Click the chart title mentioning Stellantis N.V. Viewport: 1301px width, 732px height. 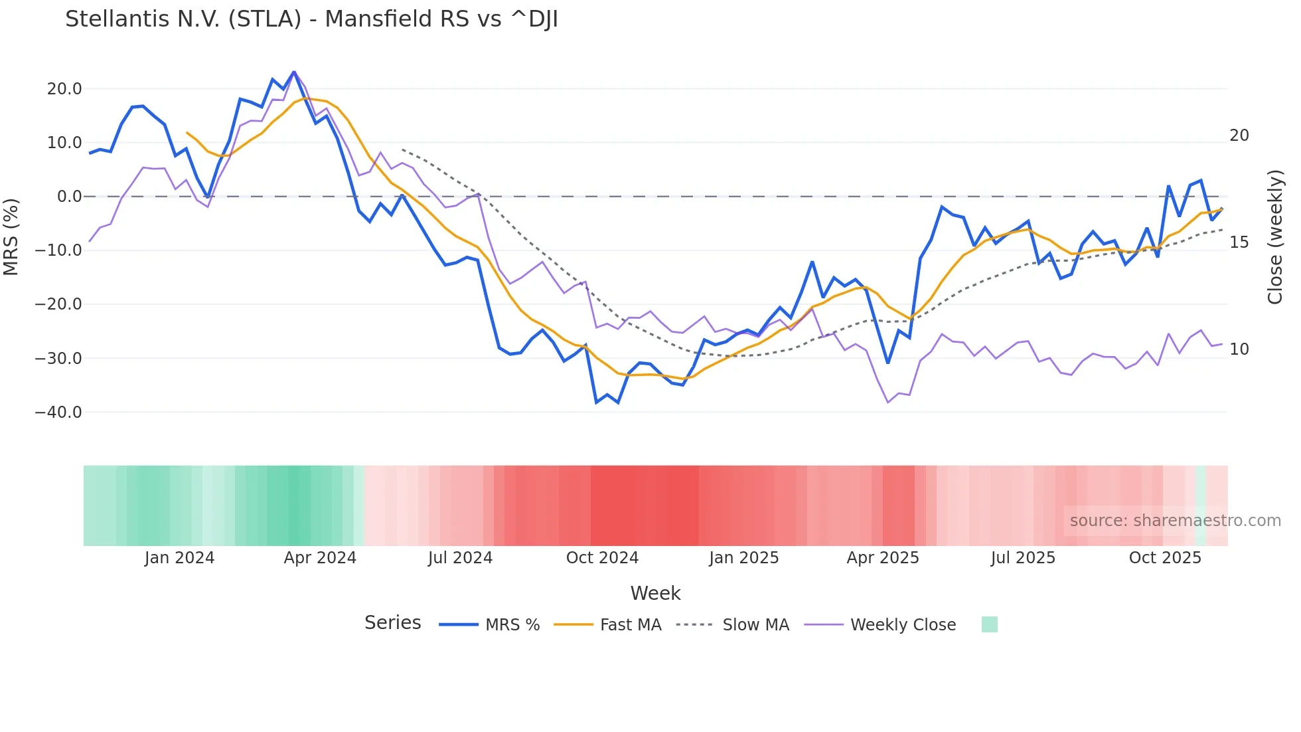pyautogui.click(x=311, y=19)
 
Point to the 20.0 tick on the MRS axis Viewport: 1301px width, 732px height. pyautogui.click(x=64, y=89)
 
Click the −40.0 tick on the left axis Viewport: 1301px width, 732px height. pyautogui.click(x=59, y=412)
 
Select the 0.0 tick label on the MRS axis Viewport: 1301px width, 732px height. pyautogui.click(x=69, y=197)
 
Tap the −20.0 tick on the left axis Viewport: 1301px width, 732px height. pyautogui.click(x=59, y=304)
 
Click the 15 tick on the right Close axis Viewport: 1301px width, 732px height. pyautogui.click(x=1239, y=242)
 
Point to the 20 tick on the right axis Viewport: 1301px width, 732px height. pyautogui.click(x=1239, y=136)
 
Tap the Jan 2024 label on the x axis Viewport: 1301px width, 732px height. pyautogui.click(x=179, y=558)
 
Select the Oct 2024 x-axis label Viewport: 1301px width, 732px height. pyautogui.click(x=602, y=558)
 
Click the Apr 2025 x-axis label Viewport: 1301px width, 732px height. pyautogui.click(x=883, y=558)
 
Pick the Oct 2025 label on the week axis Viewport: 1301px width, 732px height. pyautogui.click(x=1165, y=558)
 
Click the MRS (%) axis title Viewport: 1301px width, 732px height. pyautogui.click(x=11, y=237)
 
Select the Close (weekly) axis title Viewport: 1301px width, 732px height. pyautogui.click(x=1275, y=237)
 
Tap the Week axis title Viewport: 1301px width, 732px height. pyautogui.click(x=655, y=593)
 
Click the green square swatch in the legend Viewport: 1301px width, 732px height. pyautogui.click(x=989, y=624)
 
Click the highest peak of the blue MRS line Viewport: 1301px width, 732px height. pyautogui.click(x=294, y=72)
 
